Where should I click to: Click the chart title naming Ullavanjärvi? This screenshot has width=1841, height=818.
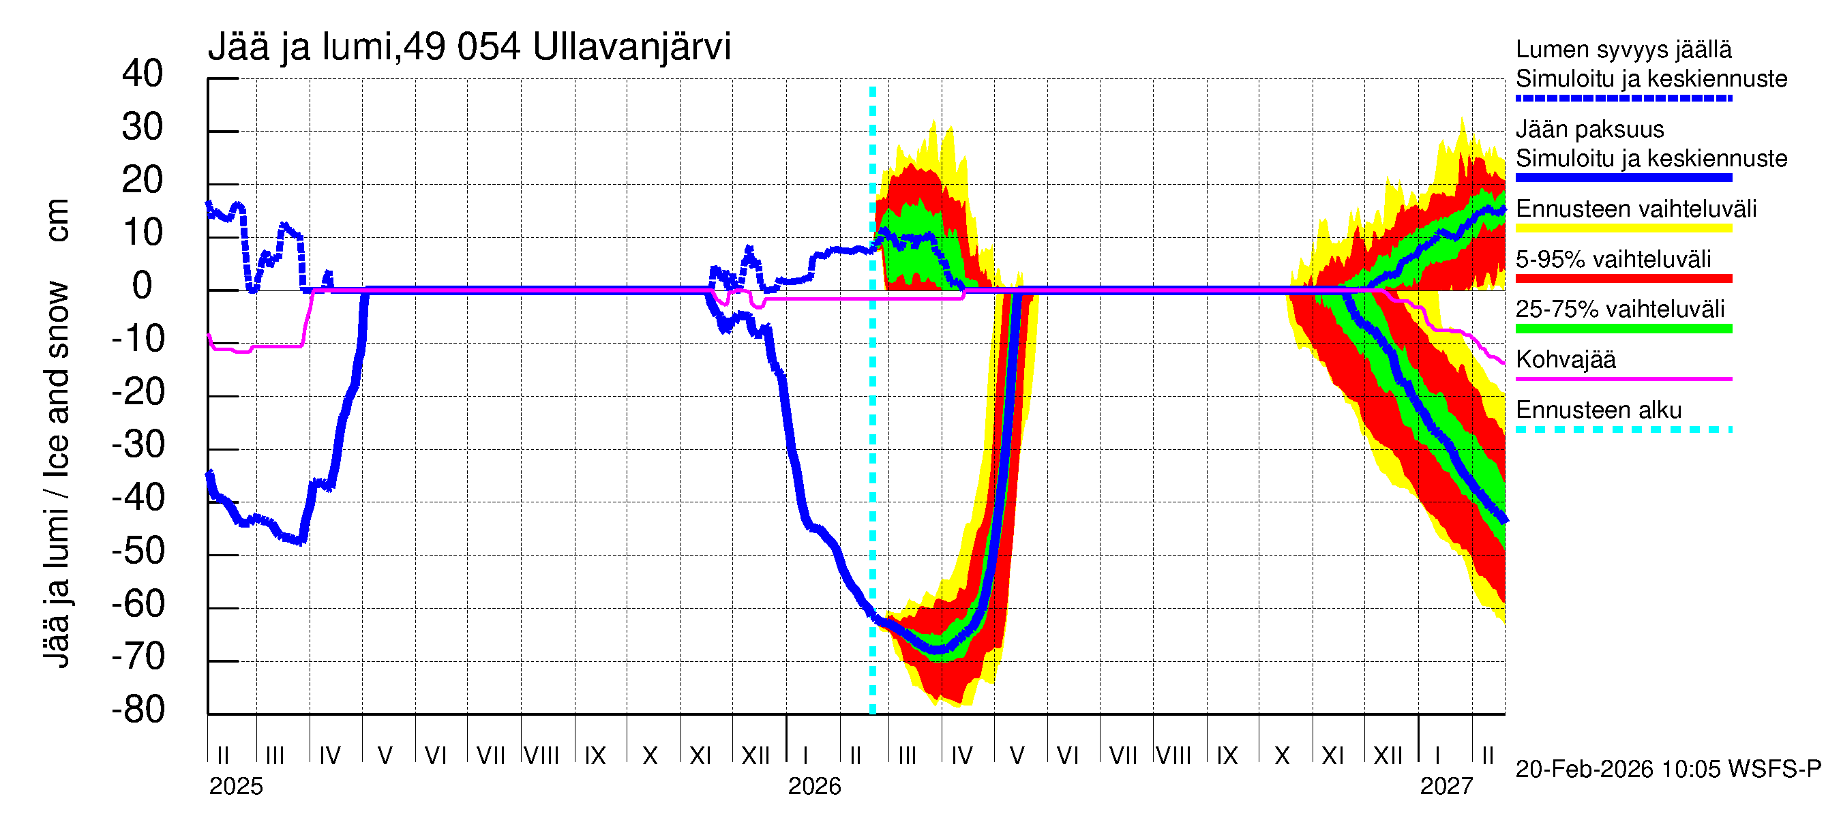coord(469,47)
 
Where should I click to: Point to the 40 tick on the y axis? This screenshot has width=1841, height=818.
coord(143,74)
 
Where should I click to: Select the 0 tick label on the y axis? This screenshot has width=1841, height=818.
coord(143,286)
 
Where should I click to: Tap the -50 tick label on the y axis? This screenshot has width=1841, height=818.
coord(138,551)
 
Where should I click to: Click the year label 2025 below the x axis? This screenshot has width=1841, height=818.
coord(236,787)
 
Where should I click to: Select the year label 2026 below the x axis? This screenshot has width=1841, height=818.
coord(814,787)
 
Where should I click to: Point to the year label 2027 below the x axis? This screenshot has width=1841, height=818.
coord(1446,787)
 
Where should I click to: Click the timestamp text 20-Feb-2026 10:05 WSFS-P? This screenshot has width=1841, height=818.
coord(1668,770)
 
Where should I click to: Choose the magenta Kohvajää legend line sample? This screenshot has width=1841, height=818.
coord(1623,378)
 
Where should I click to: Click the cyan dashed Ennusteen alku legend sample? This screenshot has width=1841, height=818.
coord(1623,429)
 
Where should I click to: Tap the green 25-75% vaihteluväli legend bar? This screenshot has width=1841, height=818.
coord(1623,329)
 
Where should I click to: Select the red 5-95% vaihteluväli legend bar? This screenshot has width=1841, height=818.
coord(1623,279)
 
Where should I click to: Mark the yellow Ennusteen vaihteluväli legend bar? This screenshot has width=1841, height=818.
coord(1623,228)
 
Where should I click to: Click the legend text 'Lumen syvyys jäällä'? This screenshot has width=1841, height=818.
coord(1623,49)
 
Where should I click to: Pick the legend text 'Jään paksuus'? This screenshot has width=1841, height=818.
coord(1589,130)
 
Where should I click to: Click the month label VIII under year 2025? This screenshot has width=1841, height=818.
coord(541,756)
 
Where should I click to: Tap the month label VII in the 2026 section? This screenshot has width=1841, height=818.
coord(1123,756)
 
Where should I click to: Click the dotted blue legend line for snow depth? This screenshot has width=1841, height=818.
coord(1623,98)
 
